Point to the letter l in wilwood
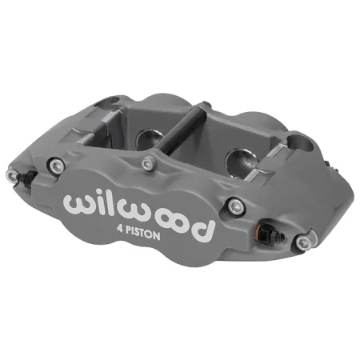click(x=119, y=204)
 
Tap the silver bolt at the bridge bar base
click(x=146, y=163)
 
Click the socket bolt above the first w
click(x=58, y=166)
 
